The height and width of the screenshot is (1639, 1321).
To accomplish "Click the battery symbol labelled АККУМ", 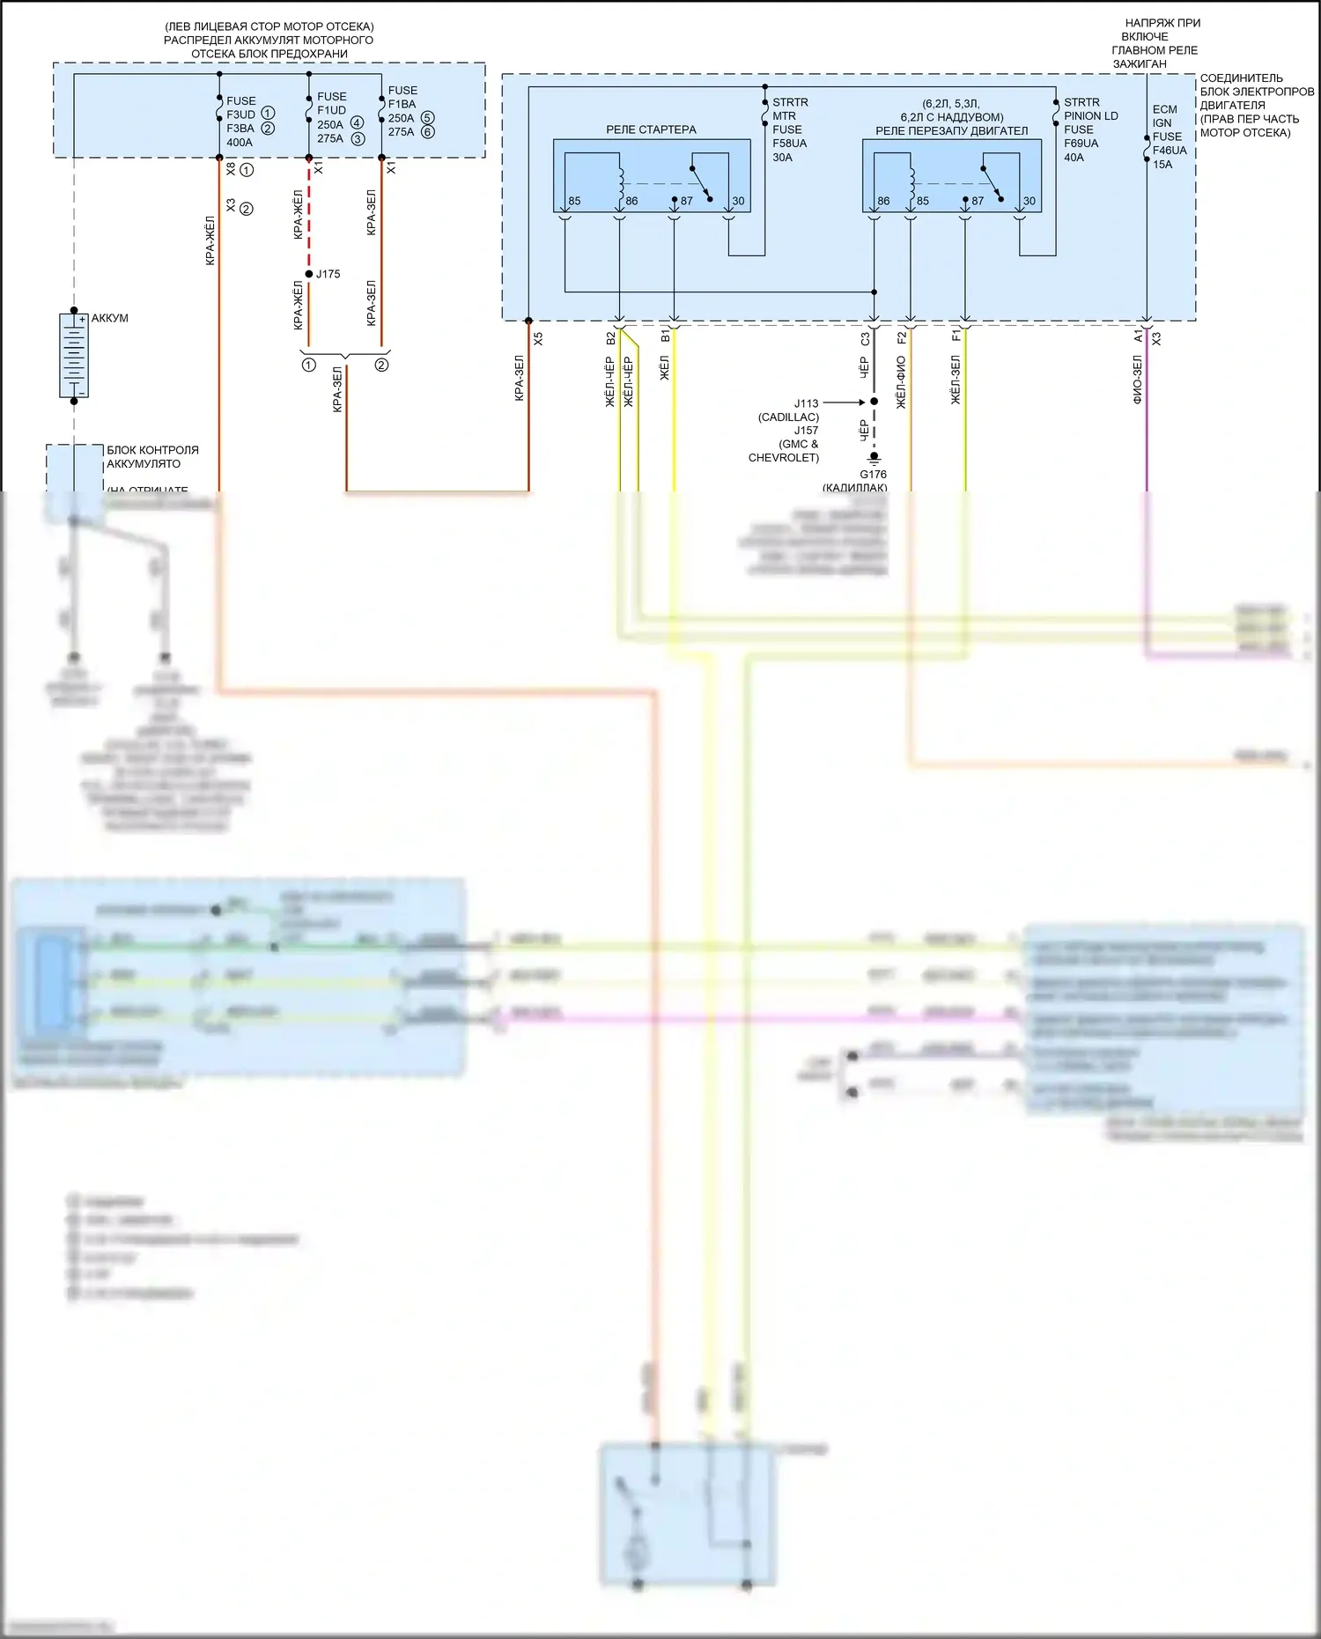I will point(74,356).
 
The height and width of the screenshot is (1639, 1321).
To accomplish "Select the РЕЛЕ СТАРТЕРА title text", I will point(651,129).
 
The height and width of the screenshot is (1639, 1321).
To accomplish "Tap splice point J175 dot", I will point(309,274).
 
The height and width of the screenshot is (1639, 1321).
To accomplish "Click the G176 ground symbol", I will point(874,457).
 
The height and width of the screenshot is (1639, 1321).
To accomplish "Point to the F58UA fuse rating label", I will point(789,144).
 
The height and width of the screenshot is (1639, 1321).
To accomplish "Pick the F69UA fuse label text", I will point(1081,144).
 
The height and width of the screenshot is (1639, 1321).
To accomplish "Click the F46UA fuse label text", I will point(1170,151).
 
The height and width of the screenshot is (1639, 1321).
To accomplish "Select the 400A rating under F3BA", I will point(240,143).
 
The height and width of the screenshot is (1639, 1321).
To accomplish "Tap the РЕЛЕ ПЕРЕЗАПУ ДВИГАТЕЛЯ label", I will point(951,130).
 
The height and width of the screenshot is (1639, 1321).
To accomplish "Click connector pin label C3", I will point(865,337).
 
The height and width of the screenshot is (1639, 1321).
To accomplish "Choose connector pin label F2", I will point(901,337).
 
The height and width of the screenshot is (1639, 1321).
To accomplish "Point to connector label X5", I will point(538,337).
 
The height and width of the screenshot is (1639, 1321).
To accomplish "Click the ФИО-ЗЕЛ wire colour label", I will point(1137,380).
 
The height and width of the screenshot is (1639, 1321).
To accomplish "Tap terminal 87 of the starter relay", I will point(686,201).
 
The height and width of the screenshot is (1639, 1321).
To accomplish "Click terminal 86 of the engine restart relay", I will point(883,201).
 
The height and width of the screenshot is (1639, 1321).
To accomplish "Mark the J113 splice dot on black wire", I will point(874,402).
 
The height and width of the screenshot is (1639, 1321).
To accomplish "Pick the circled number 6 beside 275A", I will point(428,132).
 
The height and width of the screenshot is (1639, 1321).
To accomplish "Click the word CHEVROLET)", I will point(783,458).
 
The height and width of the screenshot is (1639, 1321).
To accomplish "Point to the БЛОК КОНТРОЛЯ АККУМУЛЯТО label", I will point(152,457).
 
